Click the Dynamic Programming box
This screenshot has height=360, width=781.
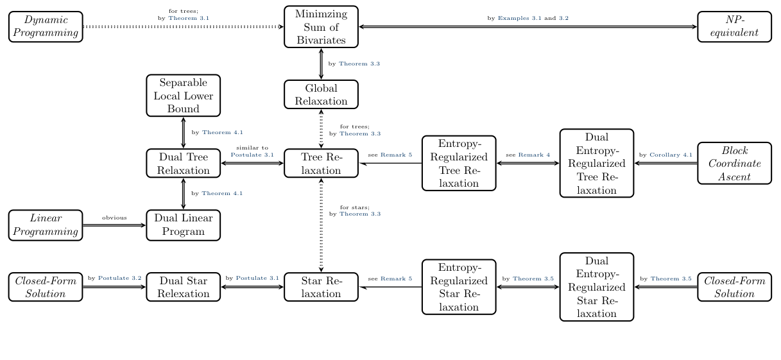coord(46,27)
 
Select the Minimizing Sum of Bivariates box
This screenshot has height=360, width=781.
coord(321,27)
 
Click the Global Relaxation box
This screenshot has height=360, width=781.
coord(321,94)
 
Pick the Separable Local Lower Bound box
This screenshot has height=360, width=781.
coord(183,94)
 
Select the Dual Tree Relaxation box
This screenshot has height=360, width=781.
coord(183,163)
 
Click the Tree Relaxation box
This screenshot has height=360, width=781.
coord(321,163)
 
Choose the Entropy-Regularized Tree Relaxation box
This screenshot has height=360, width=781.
coord(459,163)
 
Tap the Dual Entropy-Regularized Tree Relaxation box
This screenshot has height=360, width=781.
coord(597,163)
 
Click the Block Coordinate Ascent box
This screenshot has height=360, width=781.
coord(735,163)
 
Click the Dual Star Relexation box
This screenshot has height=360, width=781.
coord(183,287)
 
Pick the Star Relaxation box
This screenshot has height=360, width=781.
coord(321,287)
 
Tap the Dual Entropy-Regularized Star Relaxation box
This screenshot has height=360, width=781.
coord(597,287)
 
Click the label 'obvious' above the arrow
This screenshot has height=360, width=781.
coord(114,218)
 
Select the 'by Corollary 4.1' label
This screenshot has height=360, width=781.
coord(665,155)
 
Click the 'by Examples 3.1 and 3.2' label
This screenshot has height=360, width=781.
coord(528,19)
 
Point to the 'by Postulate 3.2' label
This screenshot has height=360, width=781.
coord(114,279)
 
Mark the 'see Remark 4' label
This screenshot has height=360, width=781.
coord(528,155)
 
